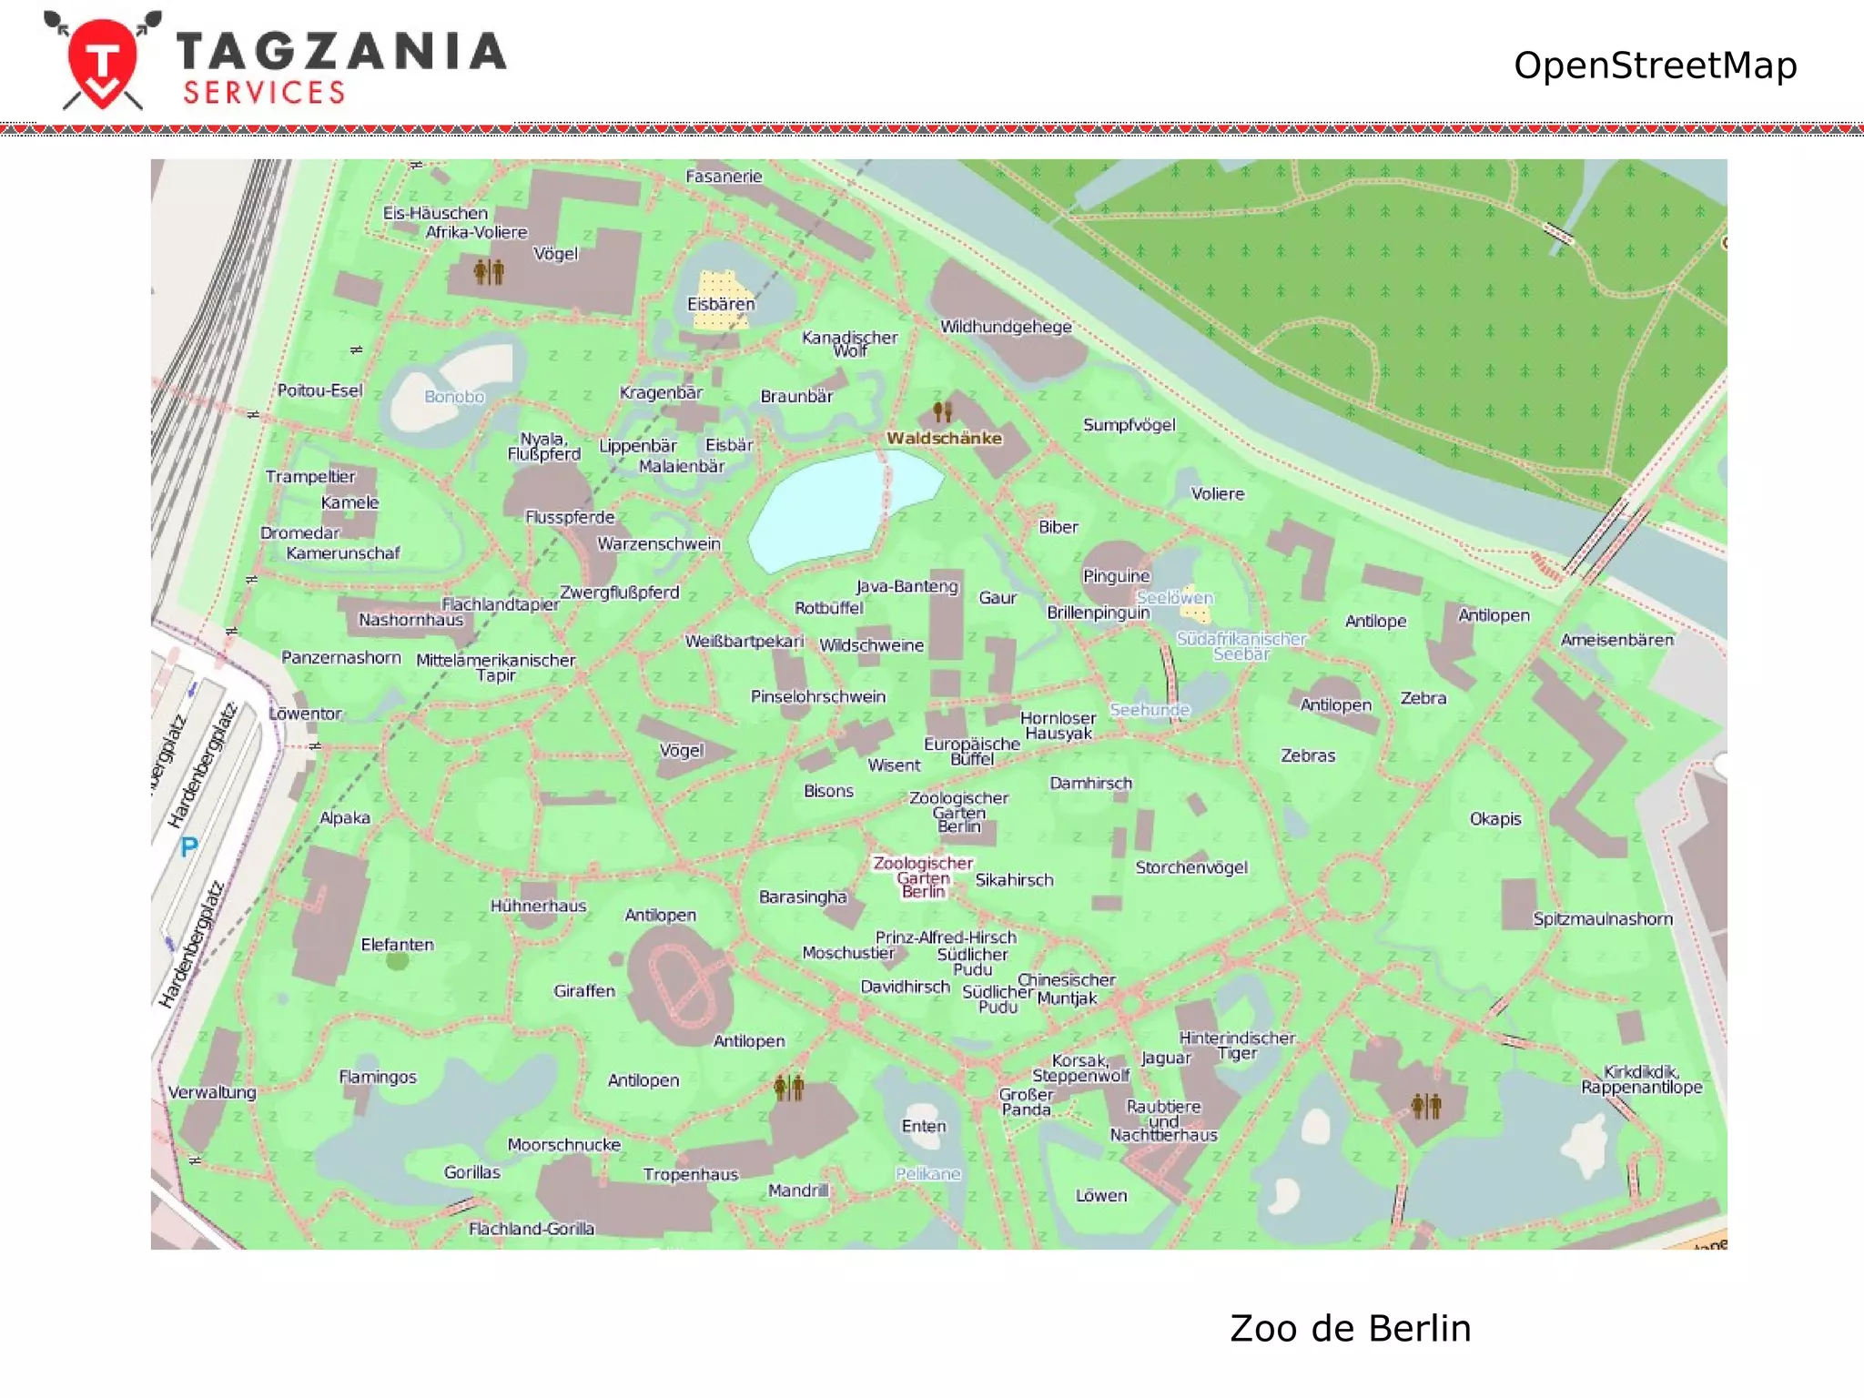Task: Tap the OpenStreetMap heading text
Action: point(1654,66)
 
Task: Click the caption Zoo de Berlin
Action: point(1350,1328)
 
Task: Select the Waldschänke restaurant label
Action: point(944,438)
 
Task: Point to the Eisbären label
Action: point(721,304)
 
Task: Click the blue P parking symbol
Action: point(188,847)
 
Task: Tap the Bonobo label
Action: point(454,397)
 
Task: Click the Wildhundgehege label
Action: point(1006,327)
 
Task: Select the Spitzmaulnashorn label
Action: point(1602,918)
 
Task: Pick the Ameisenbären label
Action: point(1616,640)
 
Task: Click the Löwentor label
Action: point(305,714)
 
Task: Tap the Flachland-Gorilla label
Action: point(532,1229)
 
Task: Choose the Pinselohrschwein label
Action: point(817,696)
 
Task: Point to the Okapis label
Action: point(1494,818)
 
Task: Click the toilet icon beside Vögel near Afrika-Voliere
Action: point(489,270)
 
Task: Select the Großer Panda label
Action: point(1026,1102)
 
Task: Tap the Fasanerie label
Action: point(724,177)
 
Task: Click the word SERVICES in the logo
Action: point(264,93)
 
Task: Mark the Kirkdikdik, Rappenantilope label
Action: point(1641,1079)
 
